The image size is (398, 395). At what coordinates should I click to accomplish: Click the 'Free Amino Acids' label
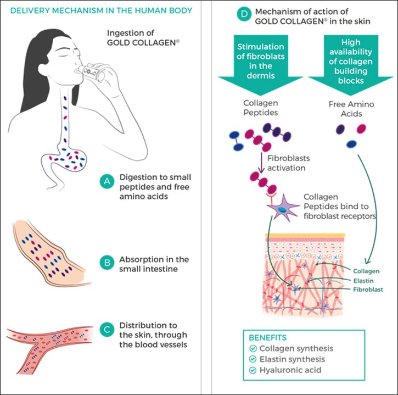click(349, 109)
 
